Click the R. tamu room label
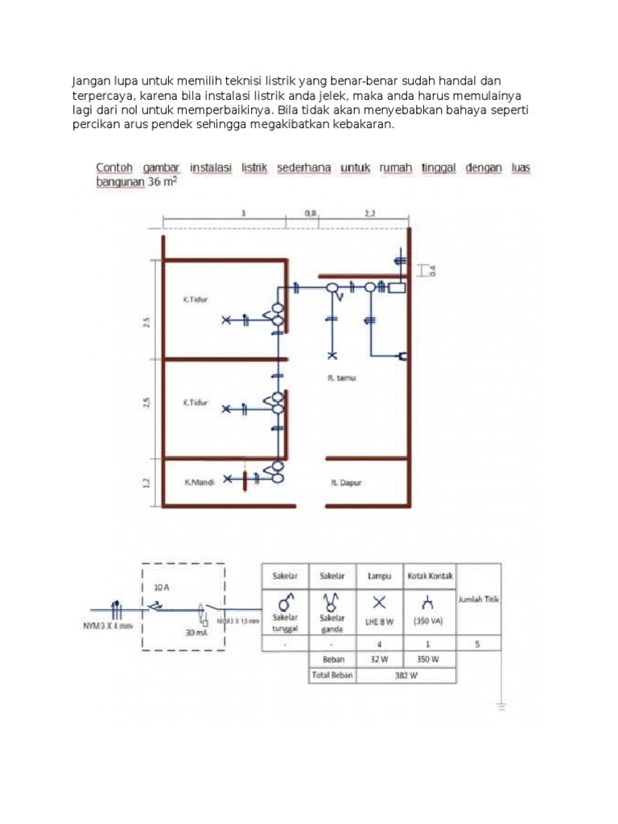pos(342,376)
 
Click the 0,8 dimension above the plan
pos(311,213)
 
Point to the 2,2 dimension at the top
pos(369,213)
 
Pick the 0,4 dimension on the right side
pos(431,271)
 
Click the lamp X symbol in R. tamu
pos(332,354)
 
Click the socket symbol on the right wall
pos(401,356)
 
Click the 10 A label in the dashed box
pos(161,587)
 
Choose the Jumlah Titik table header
pos(480,599)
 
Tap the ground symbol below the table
pos(501,707)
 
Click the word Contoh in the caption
pos(113,167)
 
